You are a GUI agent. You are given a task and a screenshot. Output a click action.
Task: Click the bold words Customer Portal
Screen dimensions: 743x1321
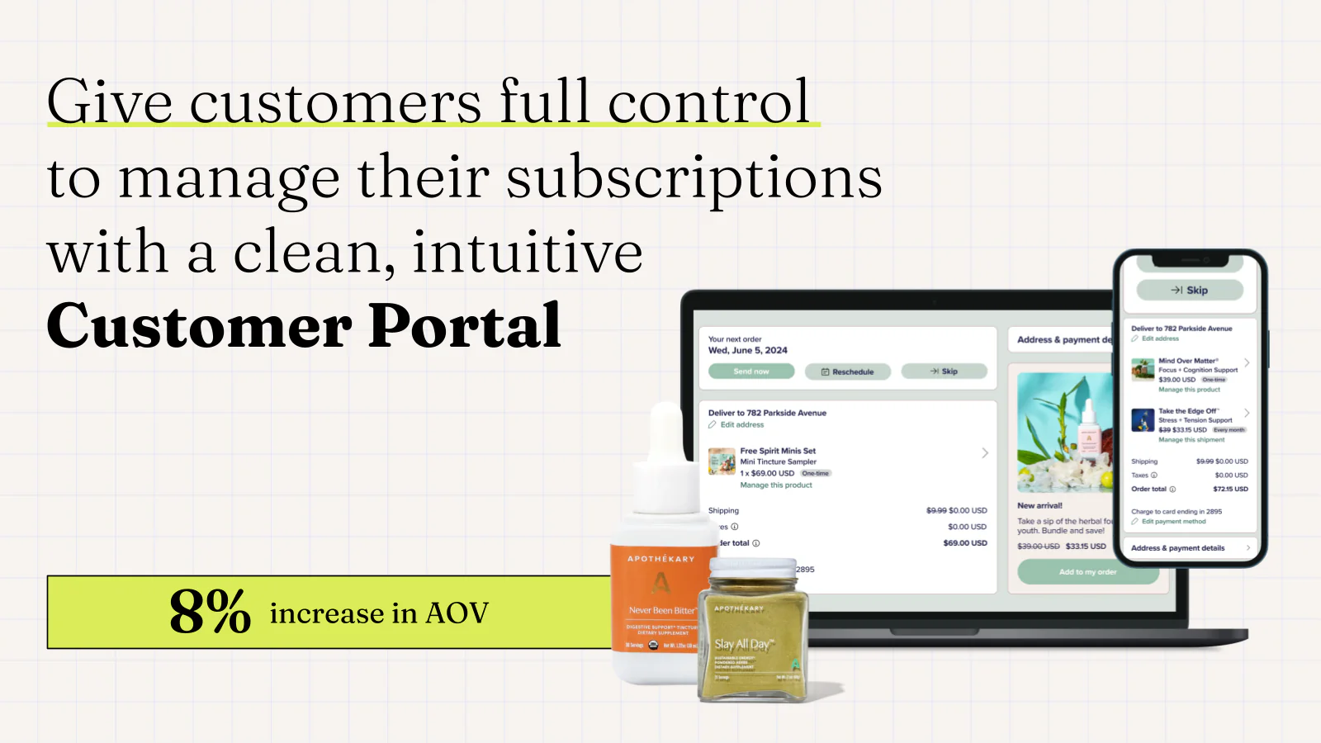click(x=304, y=326)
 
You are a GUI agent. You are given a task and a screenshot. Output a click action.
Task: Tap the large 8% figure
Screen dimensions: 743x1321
click(x=210, y=613)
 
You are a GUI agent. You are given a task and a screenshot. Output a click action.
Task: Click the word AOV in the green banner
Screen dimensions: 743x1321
click(x=457, y=613)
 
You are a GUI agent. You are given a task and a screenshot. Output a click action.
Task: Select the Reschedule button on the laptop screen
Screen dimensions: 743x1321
click(x=848, y=371)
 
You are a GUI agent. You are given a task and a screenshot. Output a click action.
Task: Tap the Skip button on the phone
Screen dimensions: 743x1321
click(x=1190, y=290)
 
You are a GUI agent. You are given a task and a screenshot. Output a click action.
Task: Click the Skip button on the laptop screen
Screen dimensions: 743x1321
click(x=945, y=371)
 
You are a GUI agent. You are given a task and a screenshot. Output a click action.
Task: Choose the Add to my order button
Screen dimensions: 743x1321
click(x=1087, y=571)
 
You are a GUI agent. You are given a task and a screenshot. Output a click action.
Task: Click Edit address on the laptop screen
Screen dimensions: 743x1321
click(x=741, y=425)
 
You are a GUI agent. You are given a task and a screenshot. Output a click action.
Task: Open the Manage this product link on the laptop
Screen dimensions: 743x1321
click(x=776, y=485)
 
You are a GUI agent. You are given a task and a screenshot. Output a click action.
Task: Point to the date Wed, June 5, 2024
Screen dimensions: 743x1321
click(x=748, y=350)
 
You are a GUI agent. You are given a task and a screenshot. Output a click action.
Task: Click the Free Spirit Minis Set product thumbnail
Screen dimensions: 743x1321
click(x=722, y=461)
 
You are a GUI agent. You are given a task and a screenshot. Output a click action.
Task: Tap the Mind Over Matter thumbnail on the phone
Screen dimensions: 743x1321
click(x=1143, y=369)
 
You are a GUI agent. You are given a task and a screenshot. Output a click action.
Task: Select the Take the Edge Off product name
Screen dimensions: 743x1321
click(x=1188, y=410)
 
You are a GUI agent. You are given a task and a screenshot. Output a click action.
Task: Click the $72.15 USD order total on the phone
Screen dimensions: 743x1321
click(x=1230, y=489)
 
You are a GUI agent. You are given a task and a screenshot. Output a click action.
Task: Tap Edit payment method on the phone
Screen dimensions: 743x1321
click(x=1173, y=522)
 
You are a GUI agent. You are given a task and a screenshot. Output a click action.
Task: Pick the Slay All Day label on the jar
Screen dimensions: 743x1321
click(x=742, y=644)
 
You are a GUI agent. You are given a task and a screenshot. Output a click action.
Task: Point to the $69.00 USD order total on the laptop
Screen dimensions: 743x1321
click(x=965, y=543)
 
